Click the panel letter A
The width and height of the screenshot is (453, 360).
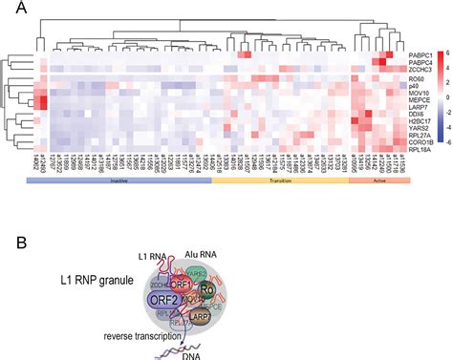coord(8,9)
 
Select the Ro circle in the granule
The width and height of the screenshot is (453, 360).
coord(233,288)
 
